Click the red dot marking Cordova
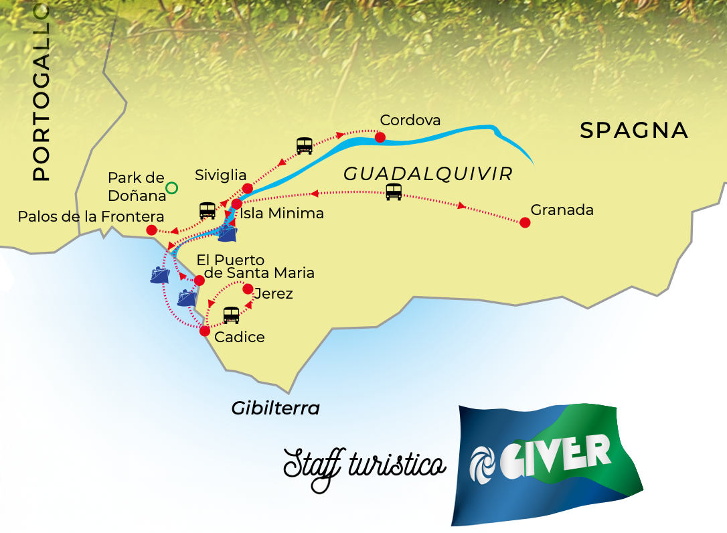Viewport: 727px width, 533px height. pos(380,137)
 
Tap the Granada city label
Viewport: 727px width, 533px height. pos(562,210)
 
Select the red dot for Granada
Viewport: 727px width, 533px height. pos(525,222)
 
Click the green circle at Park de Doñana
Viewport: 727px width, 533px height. pos(171,188)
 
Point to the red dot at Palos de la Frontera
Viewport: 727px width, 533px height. pos(151,230)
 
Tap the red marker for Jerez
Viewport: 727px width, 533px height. pos(248,289)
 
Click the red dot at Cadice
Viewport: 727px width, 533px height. pos(205,330)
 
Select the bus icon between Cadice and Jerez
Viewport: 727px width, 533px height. pos(231,315)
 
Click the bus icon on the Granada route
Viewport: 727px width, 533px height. pos(394,192)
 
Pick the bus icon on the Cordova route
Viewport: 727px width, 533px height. pos(305,145)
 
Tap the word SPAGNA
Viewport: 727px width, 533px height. pos(633,131)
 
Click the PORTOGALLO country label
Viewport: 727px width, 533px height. pos(42,92)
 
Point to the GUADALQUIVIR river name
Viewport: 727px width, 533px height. pos(428,175)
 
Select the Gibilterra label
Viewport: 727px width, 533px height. pos(275,408)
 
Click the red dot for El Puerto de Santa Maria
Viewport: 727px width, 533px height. pos(199,280)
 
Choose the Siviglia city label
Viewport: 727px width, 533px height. pos(221,175)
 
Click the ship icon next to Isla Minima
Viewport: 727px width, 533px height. pos(228,233)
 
